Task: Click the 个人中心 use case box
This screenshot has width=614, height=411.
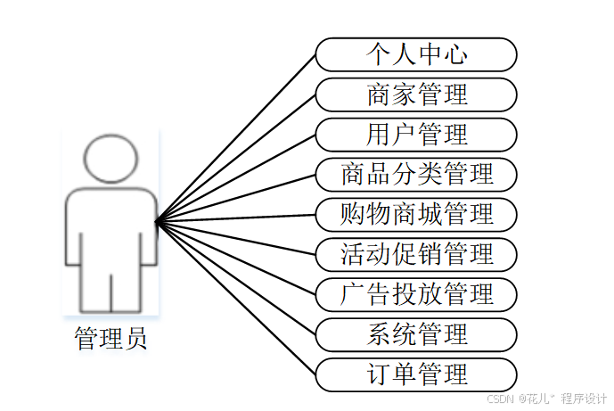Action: point(416,54)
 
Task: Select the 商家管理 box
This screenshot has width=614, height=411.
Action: point(416,95)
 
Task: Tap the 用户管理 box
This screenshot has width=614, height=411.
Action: point(416,135)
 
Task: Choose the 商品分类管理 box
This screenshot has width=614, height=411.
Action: point(416,174)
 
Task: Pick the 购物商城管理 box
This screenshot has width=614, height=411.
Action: point(416,214)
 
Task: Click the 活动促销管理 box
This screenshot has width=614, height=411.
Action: point(416,254)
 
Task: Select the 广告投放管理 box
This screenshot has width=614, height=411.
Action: point(416,294)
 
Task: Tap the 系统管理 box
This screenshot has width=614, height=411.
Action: point(416,334)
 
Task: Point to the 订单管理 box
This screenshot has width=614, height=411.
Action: point(416,374)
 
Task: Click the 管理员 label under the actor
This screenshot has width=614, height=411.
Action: point(111,339)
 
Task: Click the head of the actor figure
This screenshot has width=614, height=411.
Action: point(111,158)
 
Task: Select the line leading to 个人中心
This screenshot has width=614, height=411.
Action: point(236,138)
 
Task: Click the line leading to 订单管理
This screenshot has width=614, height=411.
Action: point(236,298)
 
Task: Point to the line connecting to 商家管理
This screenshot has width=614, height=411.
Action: point(236,158)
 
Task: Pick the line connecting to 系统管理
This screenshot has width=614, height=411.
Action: point(236,278)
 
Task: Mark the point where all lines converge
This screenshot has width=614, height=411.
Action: point(157,221)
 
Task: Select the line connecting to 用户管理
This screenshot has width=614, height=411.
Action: point(236,178)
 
